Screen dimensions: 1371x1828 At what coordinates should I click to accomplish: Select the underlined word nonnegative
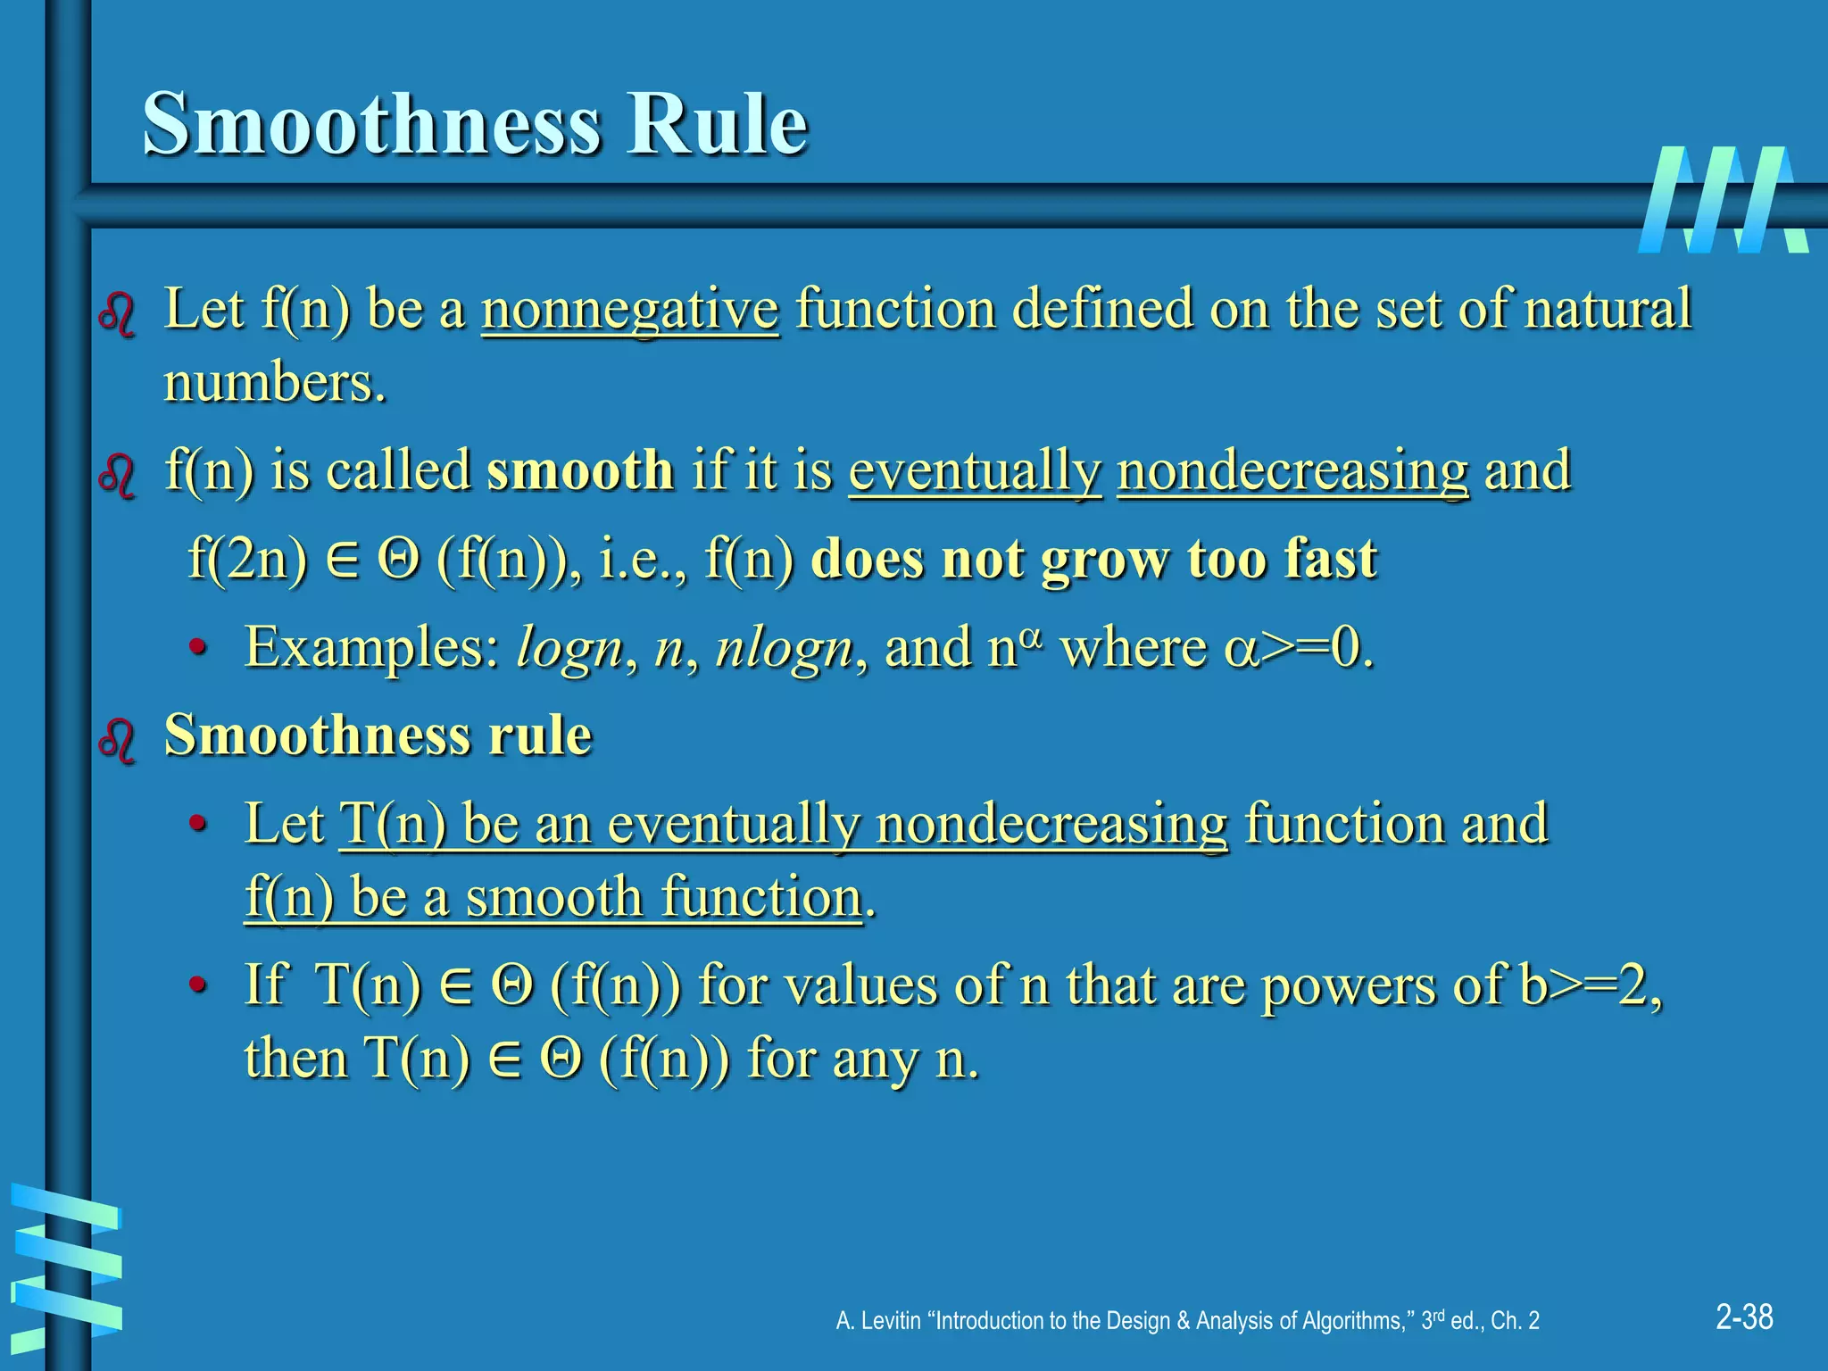pos(630,309)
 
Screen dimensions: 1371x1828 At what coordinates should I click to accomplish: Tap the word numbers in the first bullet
pos(274,384)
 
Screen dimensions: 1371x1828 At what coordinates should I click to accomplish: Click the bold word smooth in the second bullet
pos(580,470)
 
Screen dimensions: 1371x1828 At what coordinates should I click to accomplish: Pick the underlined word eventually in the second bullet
pos(975,470)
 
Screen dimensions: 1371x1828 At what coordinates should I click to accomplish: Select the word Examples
pos(372,647)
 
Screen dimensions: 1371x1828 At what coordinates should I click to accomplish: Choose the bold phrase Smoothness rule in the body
pos(378,735)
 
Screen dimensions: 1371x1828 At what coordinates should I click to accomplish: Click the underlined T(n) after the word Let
pos(394,823)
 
